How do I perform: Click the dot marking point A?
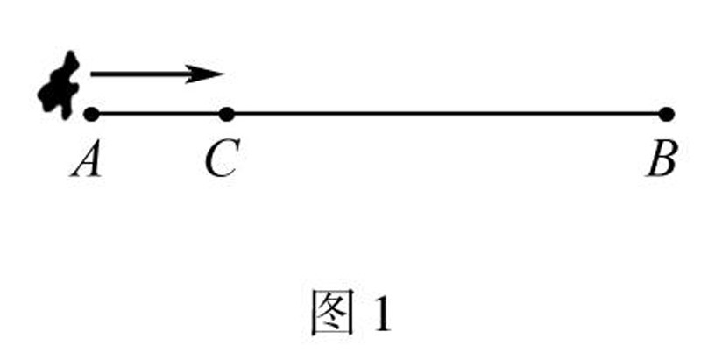pos(90,113)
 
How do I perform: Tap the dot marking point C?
pos(226,113)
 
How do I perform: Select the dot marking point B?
pos(666,113)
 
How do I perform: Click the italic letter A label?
pos(87,160)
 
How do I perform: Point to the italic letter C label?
pos(222,160)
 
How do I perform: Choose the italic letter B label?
pos(662,160)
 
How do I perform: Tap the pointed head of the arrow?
pos(223,74)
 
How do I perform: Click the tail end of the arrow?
pos(92,74)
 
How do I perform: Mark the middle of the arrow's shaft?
pos(149,74)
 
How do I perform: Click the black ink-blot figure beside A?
pos(60,84)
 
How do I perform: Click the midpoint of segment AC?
pos(158,113)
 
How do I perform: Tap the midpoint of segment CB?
pos(446,113)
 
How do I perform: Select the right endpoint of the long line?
pos(666,113)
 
